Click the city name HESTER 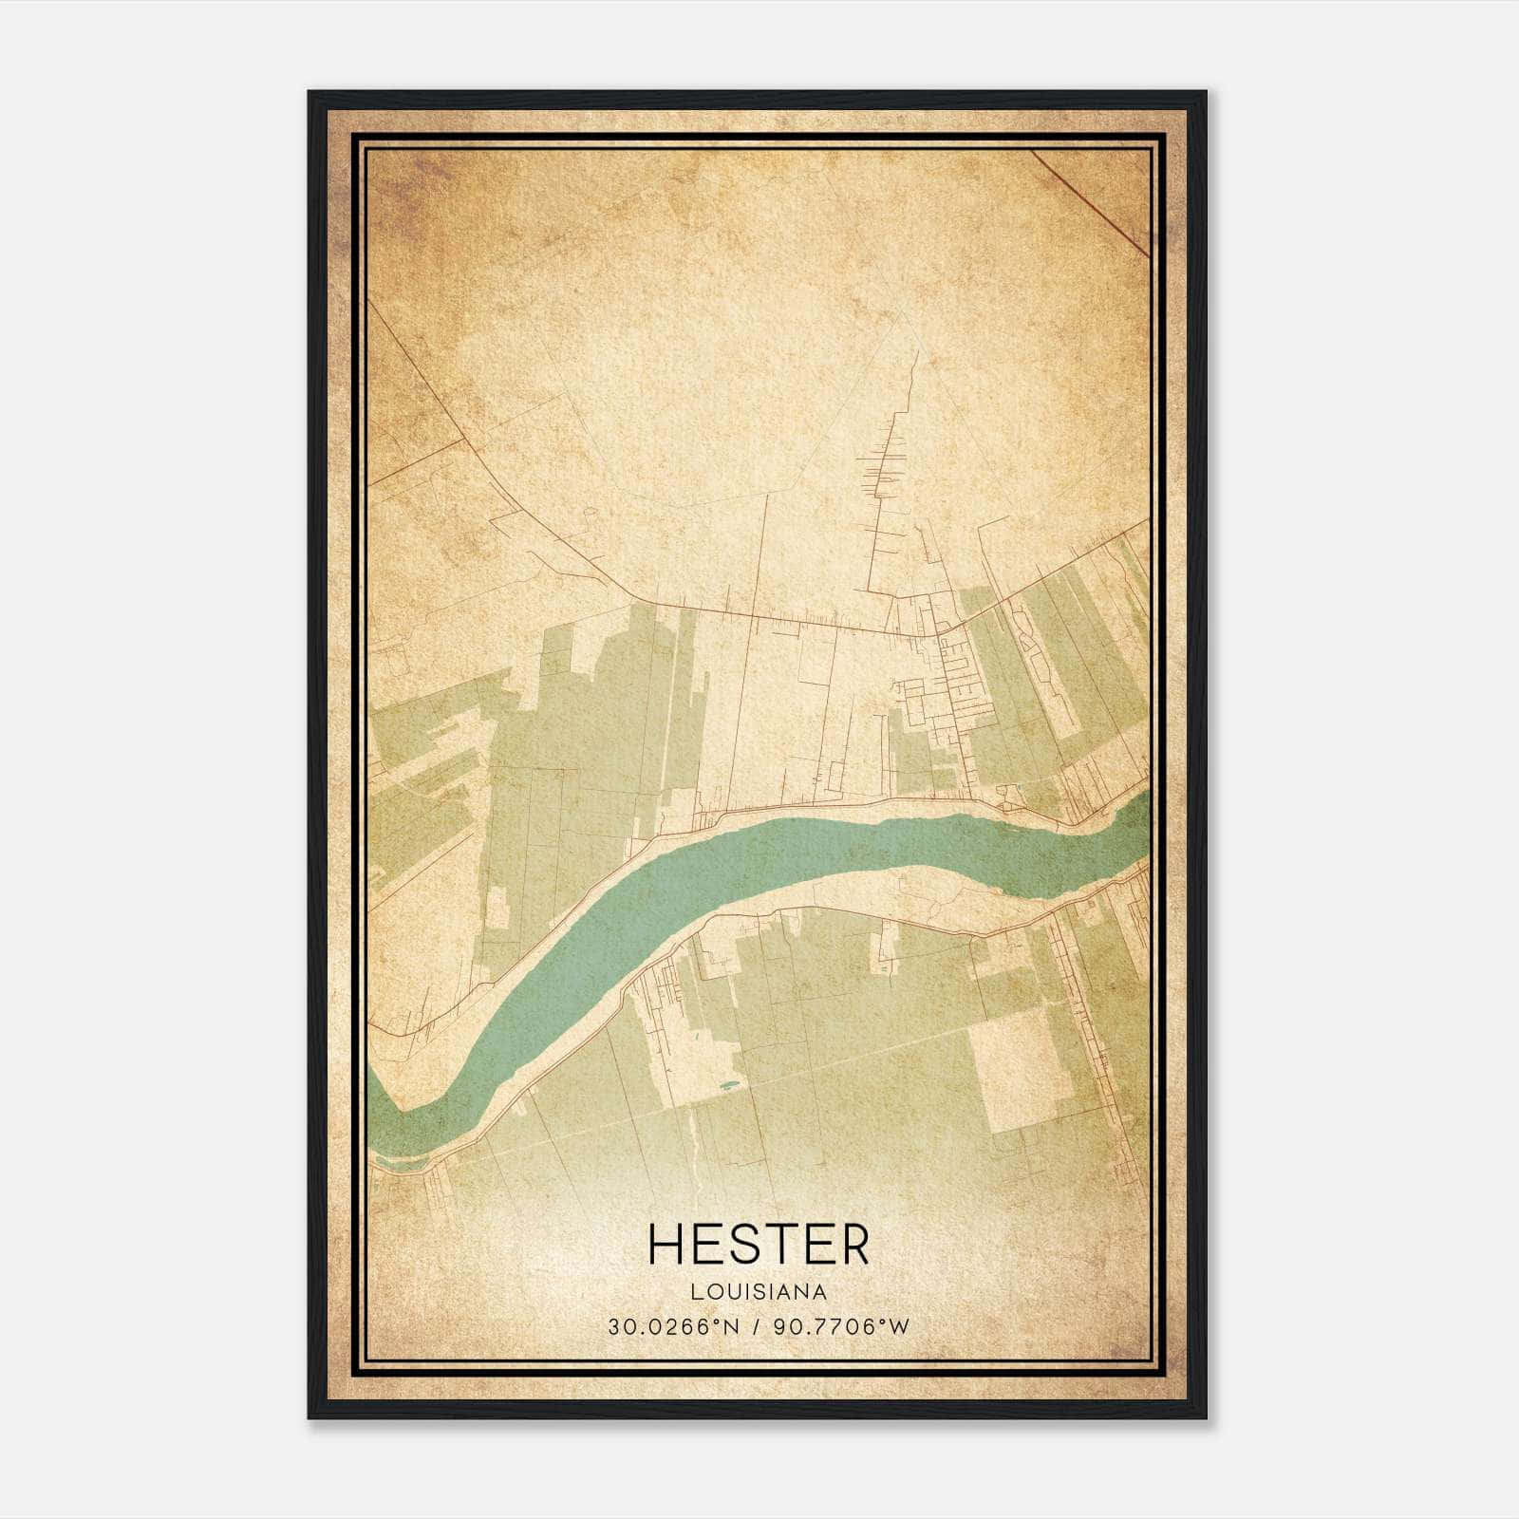[758, 1245]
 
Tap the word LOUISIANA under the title [759, 1292]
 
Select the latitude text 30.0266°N [673, 1327]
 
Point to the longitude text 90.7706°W [841, 1327]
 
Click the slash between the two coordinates [757, 1327]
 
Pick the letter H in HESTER [666, 1245]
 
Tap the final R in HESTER [853, 1245]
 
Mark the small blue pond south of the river [728, 1084]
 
